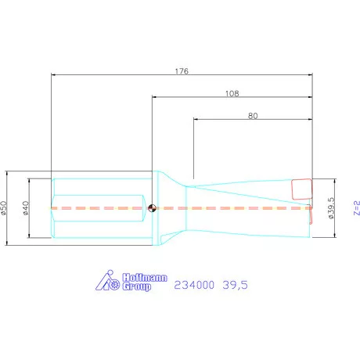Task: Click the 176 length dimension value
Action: (183, 70)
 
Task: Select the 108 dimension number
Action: (232, 92)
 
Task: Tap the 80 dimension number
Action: (253, 115)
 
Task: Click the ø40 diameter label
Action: (27, 208)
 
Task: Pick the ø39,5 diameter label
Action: (331, 208)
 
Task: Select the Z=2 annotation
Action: (355, 208)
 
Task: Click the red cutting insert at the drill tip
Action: (301, 189)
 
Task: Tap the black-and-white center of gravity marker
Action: (152, 208)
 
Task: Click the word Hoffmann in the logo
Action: (144, 277)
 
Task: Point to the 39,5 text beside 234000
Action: (235, 286)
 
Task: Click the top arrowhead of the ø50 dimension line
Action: (8, 173)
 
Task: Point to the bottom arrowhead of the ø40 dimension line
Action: (30, 237)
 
